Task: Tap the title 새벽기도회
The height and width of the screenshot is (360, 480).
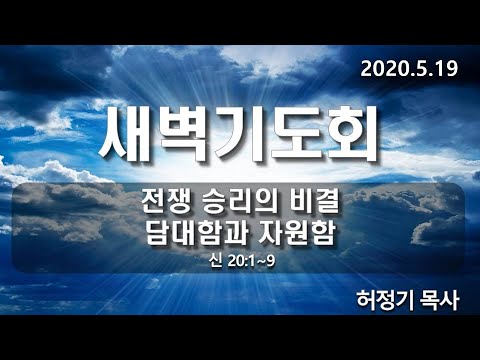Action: pyautogui.click(x=239, y=135)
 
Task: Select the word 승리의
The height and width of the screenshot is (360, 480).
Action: pyautogui.click(x=234, y=203)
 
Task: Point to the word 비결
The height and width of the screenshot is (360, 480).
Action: pyautogui.click(x=311, y=203)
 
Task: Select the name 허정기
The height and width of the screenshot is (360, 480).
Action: pyautogui.click(x=384, y=301)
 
